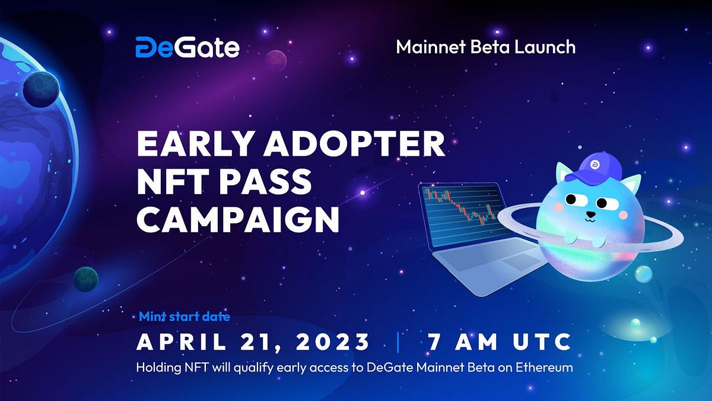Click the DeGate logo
click(187, 47)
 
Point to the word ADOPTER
click(350, 144)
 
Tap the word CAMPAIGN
click(238, 219)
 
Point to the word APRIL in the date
click(177, 342)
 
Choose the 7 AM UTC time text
click(498, 342)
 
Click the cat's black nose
click(590, 214)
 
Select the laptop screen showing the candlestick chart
click(460, 214)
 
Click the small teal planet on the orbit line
click(85, 279)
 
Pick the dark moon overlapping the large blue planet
click(40, 89)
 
